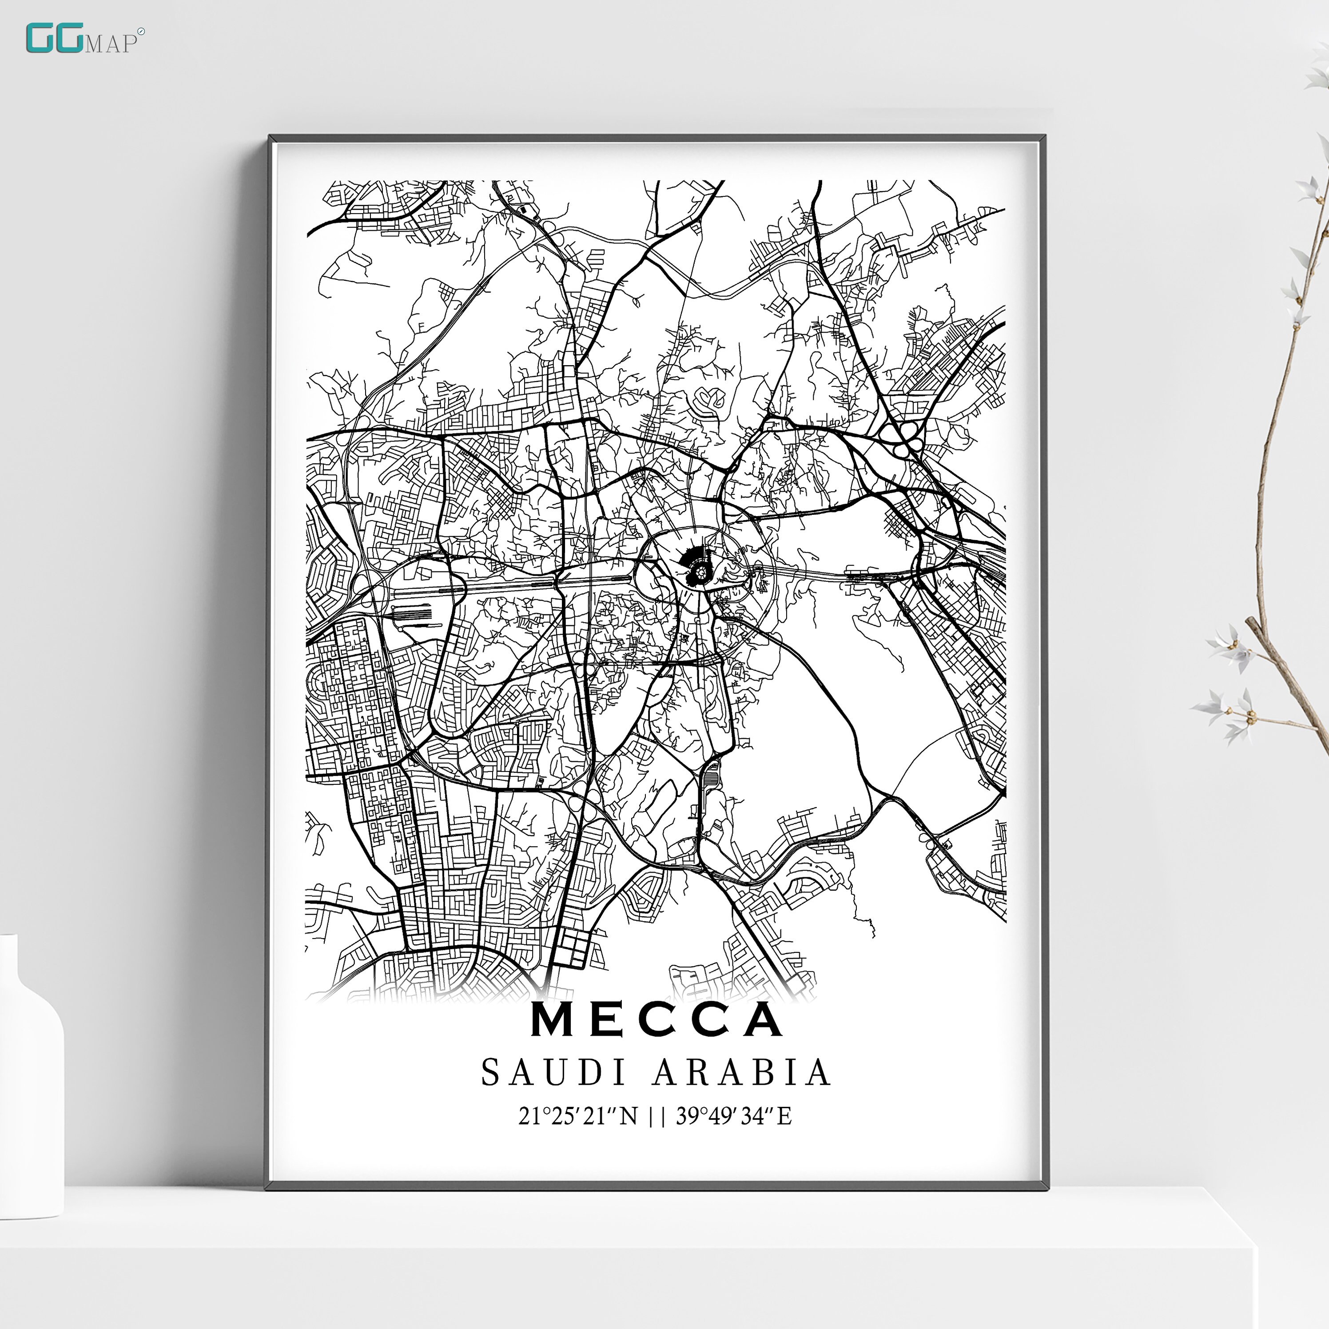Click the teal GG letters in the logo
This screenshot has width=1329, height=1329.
point(54,39)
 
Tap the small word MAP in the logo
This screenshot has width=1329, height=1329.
point(110,44)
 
